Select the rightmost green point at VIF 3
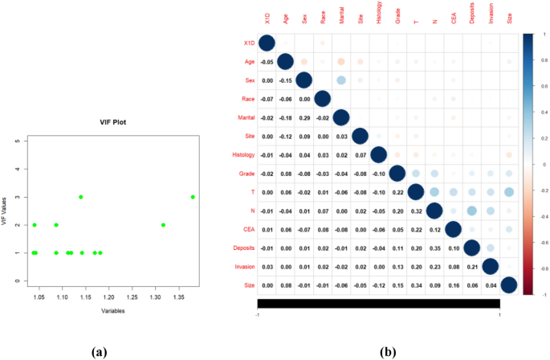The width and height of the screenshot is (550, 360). click(193, 197)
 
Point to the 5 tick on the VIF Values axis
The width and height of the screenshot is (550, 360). click(18, 141)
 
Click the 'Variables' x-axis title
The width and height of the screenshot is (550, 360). click(112, 309)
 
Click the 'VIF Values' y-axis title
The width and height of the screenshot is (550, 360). click(5, 211)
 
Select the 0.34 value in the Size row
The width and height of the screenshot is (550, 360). click(415, 284)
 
